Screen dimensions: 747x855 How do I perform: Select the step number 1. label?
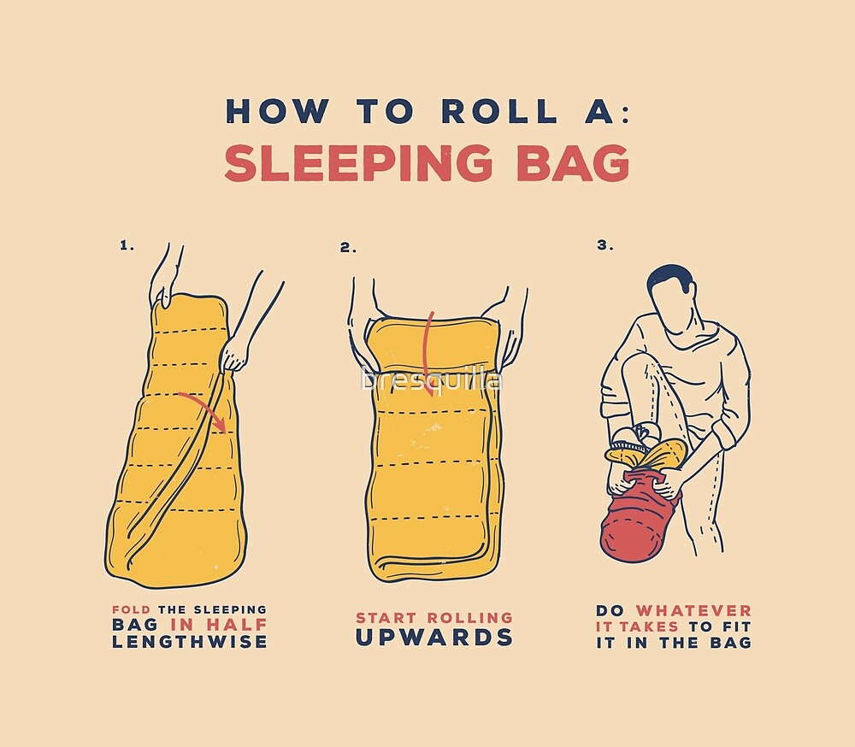[x=127, y=245]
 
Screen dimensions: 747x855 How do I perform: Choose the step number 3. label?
[x=605, y=245]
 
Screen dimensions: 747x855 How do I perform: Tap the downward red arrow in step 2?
[x=429, y=338]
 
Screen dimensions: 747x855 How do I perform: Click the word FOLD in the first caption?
[x=131, y=610]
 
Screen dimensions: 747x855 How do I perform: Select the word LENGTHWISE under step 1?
[x=189, y=642]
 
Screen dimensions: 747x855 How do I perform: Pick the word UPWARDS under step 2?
[x=433, y=638]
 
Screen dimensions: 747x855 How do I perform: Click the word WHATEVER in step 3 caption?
[x=693, y=610]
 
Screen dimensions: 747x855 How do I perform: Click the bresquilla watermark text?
[x=432, y=379]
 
